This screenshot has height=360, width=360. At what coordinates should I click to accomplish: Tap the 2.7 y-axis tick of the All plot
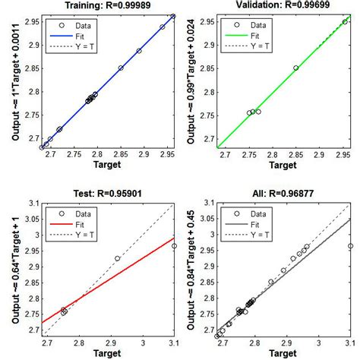tap(204, 330)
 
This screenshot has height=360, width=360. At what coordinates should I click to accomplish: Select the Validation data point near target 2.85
tap(296, 68)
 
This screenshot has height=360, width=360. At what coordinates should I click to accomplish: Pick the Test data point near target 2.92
tap(118, 259)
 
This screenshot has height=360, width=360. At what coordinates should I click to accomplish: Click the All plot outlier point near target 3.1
tap(350, 246)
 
